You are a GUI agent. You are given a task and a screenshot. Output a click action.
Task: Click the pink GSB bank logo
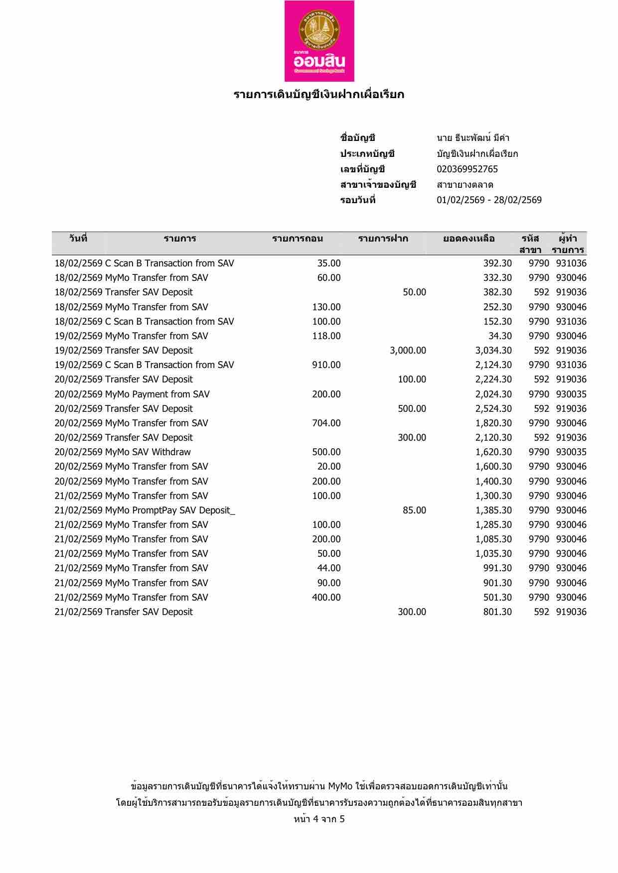coord(319,41)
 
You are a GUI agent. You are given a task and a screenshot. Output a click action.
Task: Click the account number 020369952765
coord(467,169)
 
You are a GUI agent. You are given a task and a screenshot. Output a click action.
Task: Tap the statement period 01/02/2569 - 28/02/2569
coord(489,200)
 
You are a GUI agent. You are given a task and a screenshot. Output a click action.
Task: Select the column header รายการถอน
coord(297,239)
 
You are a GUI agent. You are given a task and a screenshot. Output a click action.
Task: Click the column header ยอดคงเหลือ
coord(468,239)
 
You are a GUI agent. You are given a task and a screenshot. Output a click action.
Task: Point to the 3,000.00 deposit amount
coord(408,351)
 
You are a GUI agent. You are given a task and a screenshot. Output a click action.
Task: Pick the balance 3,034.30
coord(493,351)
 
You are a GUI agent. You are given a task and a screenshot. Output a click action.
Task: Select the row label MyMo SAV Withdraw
coord(148,452)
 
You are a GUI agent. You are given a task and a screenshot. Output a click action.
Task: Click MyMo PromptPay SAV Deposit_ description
coord(170,510)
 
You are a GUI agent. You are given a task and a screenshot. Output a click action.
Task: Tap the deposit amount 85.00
coord(414,510)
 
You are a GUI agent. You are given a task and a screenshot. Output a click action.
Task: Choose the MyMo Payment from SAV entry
coord(157,394)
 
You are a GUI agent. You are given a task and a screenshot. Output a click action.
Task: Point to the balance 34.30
coord(500,336)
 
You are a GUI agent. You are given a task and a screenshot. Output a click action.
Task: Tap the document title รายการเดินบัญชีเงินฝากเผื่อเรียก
coord(319,95)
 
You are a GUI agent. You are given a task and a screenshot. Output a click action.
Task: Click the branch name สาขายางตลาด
coord(465,185)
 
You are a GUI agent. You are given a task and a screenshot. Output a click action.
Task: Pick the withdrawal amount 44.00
coord(329,568)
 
